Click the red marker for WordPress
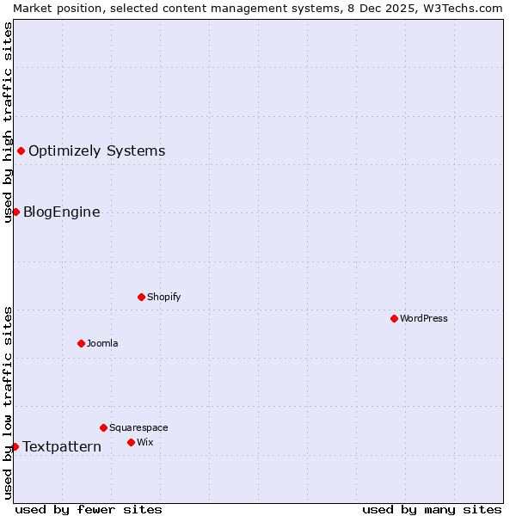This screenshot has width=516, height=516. (x=394, y=318)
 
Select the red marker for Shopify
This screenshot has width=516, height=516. (x=141, y=297)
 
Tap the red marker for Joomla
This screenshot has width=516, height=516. (x=81, y=343)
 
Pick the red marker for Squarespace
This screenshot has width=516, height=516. (x=103, y=427)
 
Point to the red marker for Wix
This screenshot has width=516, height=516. (x=131, y=442)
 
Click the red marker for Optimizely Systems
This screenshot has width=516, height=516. (x=21, y=151)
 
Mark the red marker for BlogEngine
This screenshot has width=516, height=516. (x=15, y=212)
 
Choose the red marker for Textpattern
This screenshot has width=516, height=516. (x=15, y=446)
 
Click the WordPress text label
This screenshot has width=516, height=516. (x=424, y=318)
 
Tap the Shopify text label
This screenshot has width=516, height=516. (x=164, y=297)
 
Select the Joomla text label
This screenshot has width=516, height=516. (x=102, y=343)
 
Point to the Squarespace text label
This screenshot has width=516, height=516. (x=138, y=427)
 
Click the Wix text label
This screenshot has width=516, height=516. (x=145, y=442)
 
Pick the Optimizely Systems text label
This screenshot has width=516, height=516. (x=97, y=151)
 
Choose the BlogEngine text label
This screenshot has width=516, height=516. (x=62, y=212)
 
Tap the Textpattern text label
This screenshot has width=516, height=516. (x=62, y=446)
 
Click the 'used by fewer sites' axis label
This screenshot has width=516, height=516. (x=89, y=509)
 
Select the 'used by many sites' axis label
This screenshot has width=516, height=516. (x=432, y=509)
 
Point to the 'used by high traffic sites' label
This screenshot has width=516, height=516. (x=8, y=122)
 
